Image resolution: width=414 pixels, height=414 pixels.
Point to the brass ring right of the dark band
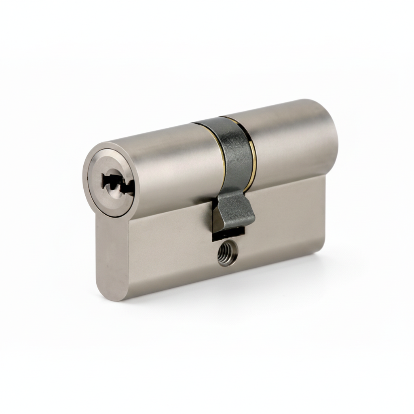[x=253, y=154]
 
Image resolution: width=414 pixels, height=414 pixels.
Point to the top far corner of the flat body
[x=323, y=178]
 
